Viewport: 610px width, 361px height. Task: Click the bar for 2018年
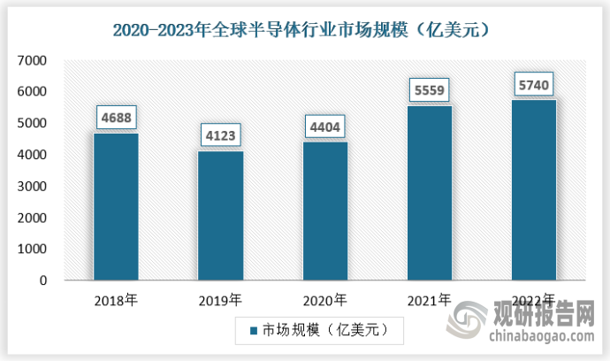pyautogui.click(x=116, y=206)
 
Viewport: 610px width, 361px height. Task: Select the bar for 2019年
pyautogui.click(x=220, y=215)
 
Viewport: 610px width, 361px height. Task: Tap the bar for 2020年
pyautogui.click(x=324, y=211)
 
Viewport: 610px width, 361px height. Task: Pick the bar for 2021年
pyautogui.click(x=429, y=193)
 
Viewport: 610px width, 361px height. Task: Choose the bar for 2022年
pyautogui.click(x=533, y=190)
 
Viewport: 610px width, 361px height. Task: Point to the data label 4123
pyautogui.click(x=220, y=135)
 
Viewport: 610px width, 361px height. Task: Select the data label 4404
pyautogui.click(x=324, y=127)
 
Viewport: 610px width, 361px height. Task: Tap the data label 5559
pyautogui.click(x=429, y=89)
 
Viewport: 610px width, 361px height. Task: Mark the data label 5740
pyautogui.click(x=533, y=84)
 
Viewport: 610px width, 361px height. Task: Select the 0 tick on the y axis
pyautogui.click(x=42, y=280)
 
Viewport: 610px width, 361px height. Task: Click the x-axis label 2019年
pyautogui.click(x=220, y=299)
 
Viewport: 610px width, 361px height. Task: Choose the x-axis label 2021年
pyautogui.click(x=429, y=299)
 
